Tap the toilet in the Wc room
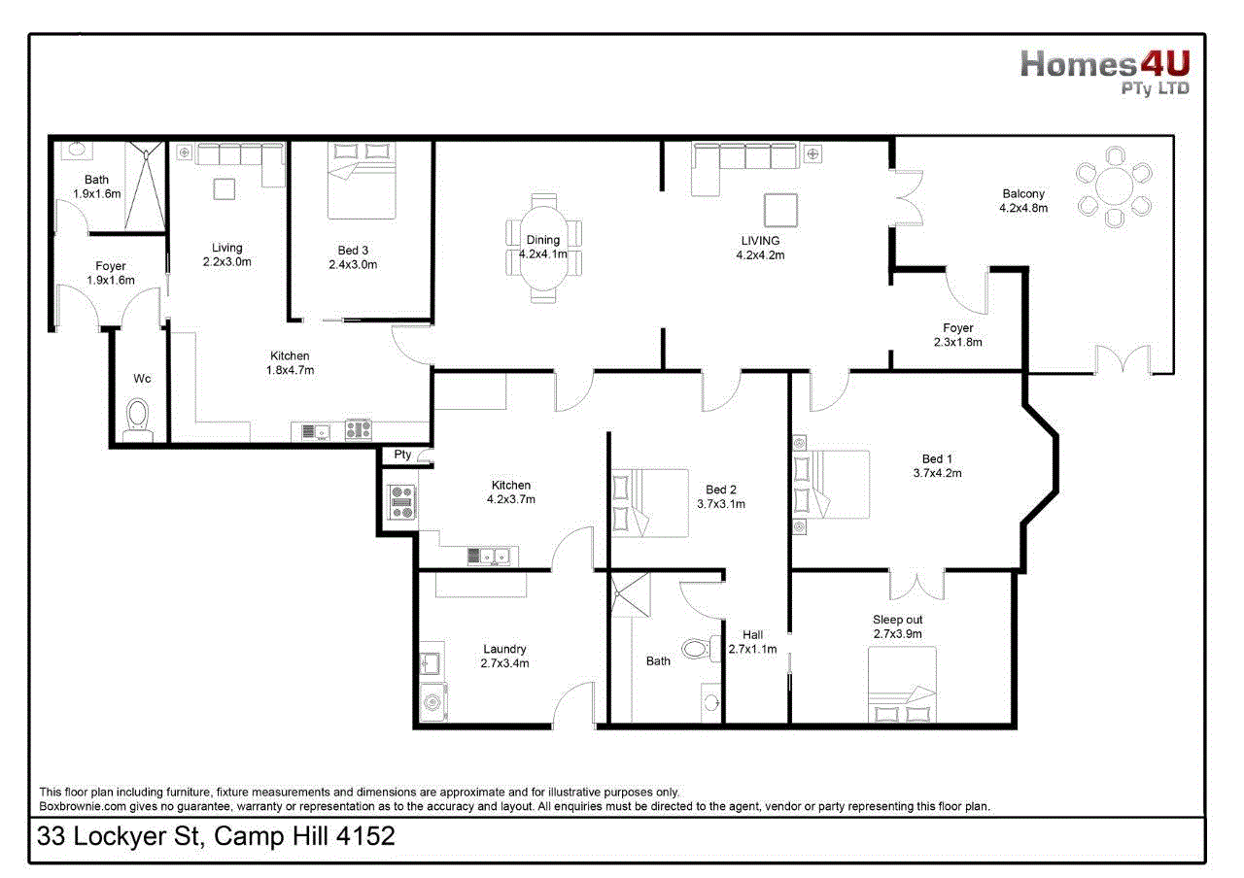coord(138,420)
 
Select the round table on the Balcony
coord(1114,186)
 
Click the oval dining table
coord(543,248)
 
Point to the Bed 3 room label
coord(353,251)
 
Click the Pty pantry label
coord(402,454)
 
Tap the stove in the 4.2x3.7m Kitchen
coord(401,502)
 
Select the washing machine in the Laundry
coord(432,702)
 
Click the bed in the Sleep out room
coord(902,685)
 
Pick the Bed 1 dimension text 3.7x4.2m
coord(938,473)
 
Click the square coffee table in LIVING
coord(780,211)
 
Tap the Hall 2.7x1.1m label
coord(752,642)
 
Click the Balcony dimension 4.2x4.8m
coord(1023,208)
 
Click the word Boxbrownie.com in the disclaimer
coord(83,806)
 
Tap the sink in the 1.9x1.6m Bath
coord(77,150)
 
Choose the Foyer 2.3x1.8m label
coord(958,335)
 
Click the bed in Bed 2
coord(650,503)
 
